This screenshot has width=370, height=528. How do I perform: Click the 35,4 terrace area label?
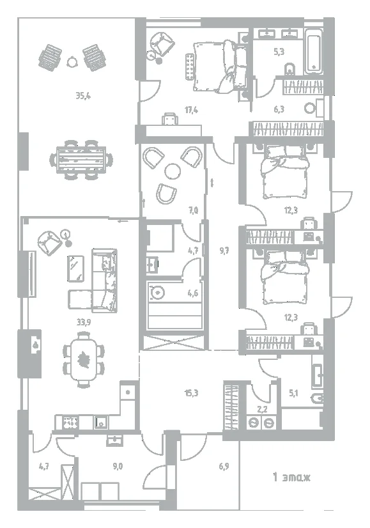(83, 97)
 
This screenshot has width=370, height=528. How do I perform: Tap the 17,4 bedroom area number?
(191, 110)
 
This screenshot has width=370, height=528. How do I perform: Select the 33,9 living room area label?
(84, 322)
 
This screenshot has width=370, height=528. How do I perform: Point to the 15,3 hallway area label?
(191, 393)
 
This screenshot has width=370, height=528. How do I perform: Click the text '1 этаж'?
(291, 477)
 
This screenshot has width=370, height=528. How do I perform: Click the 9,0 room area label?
(118, 467)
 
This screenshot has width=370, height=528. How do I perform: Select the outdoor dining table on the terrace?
(81, 160)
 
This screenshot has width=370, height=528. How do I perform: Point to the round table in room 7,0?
(173, 171)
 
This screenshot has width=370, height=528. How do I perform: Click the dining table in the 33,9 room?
(83, 361)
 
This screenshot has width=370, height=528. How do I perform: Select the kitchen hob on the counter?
(71, 423)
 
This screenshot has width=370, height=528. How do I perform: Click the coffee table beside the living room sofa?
(76, 268)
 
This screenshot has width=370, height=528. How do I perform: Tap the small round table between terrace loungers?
(72, 61)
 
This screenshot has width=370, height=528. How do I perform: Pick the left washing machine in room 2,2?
(254, 423)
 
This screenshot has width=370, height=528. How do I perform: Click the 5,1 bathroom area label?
(294, 393)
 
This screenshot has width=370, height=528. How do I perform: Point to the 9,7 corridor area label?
(224, 251)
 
